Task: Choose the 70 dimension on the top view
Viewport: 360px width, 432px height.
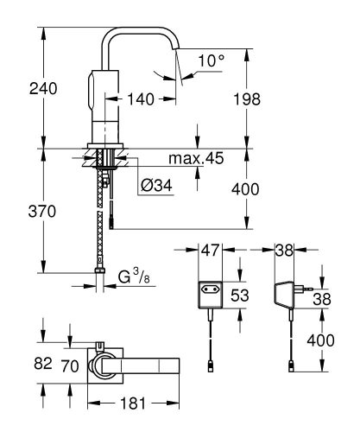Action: tap(71, 365)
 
